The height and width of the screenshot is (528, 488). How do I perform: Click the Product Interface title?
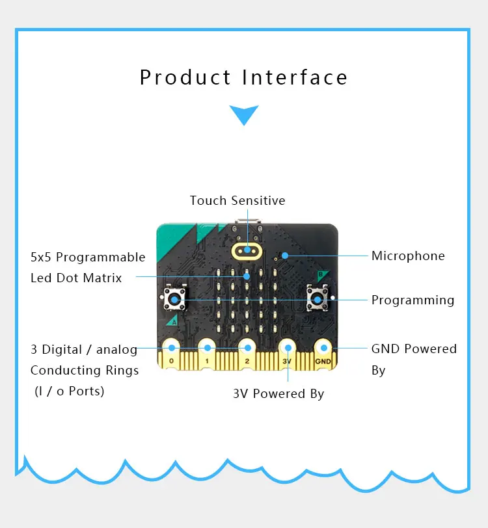point(244,77)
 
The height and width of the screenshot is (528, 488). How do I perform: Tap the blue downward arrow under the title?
point(244,114)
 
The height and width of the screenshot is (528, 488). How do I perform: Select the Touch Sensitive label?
point(237,200)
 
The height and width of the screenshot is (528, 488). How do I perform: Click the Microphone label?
point(408,256)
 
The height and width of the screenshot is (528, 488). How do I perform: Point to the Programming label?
point(413,300)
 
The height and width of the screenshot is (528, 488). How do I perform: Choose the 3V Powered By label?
point(278,393)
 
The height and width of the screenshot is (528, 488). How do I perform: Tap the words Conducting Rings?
point(85,370)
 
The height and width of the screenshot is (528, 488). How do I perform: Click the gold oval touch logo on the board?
point(248,250)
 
